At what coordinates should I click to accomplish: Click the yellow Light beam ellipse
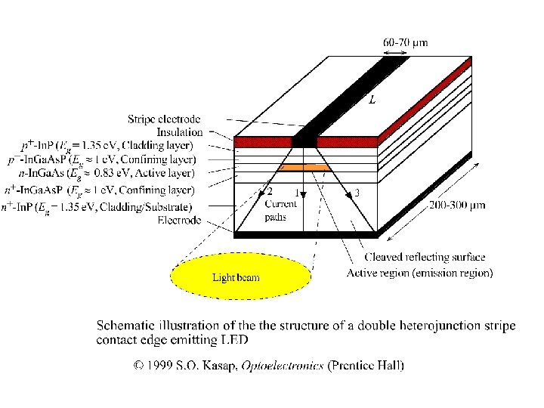point(241,277)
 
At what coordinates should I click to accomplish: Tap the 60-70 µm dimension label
point(405,43)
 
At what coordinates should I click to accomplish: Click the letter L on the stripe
point(372,100)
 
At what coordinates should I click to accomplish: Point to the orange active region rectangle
point(305,167)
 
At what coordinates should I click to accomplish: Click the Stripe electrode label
point(164,119)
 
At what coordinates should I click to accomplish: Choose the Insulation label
point(180,132)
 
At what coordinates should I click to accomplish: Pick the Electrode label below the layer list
point(179,220)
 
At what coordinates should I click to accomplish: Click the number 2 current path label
point(270,193)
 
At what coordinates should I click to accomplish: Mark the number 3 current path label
point(357,193)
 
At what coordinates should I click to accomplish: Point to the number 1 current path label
point(296,193)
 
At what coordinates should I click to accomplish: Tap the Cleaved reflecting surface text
point(425,258)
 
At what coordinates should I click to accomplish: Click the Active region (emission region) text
point(419,273)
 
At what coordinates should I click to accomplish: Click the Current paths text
point(280,209)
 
